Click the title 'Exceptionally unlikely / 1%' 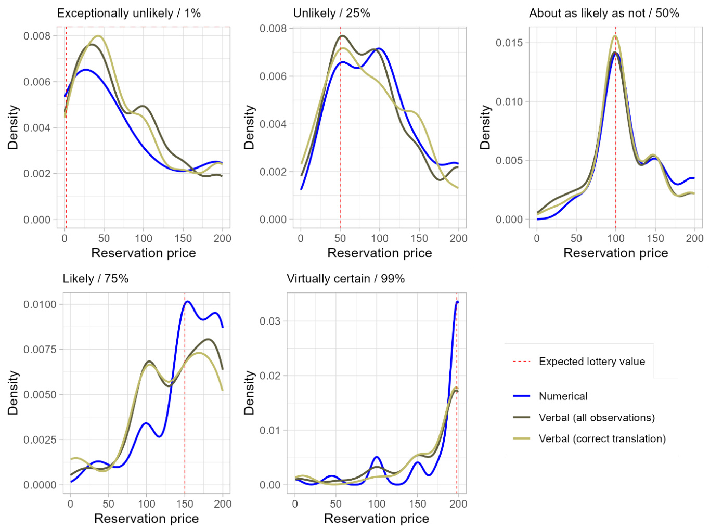128,14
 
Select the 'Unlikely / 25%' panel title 331,14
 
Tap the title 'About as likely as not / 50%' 604,14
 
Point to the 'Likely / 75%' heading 95,279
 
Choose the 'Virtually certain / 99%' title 345,279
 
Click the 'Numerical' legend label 563,396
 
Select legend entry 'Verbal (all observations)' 597,418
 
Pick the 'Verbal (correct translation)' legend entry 602,439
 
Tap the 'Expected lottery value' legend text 591,362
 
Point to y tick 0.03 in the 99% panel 269,321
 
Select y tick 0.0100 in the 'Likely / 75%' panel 40,304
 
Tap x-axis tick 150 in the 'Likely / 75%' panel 185,504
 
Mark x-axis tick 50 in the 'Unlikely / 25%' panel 340,238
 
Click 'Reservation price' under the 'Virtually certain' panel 376,519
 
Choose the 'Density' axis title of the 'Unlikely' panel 249,127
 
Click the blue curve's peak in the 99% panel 457,302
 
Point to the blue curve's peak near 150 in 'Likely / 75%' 187,302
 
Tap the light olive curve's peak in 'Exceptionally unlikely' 98,36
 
